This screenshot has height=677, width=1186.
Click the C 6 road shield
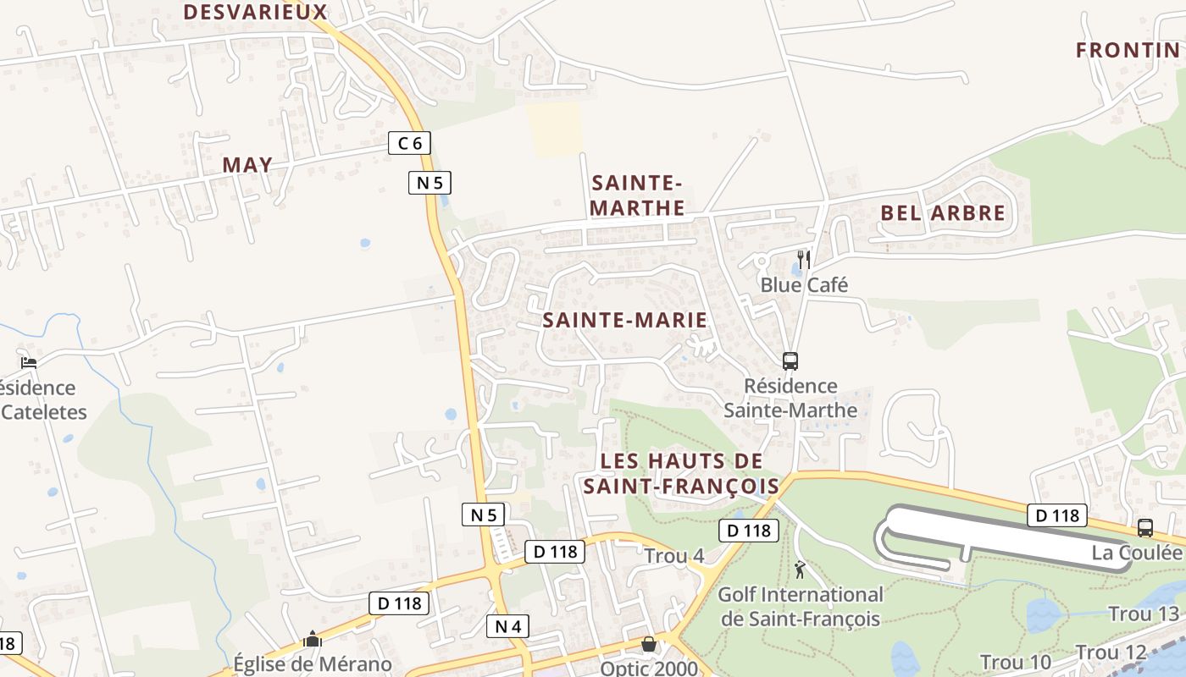click(x=409, y=143)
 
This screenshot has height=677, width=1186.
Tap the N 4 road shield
click(x=507, y=626)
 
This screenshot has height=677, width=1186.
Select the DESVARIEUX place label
click(x=255, y=12)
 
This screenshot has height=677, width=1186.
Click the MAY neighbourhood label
click(x=247, y=165)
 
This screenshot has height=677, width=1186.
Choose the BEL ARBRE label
click(x=943, y=212)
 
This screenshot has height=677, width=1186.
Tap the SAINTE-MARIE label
click(x=624, y=320)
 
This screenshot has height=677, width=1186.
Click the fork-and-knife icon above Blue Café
click(x=804, y=259)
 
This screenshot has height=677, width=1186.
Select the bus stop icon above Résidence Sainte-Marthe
click(x=790, y=361)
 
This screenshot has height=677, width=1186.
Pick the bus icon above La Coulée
click(x=1145, y=528)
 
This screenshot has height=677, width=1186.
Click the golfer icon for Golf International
click(x=800, y=570)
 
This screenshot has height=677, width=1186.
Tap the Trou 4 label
click(x=674, y=556)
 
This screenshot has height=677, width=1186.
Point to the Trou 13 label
click(x=1143, y=614)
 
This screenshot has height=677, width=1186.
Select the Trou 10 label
click(x=1015, y=662)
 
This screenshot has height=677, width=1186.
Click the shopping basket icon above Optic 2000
click(x=649, y=644)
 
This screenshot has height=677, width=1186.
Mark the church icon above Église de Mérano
click(x=313, y=639)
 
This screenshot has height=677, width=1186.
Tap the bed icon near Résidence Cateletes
click(x=29, y=363)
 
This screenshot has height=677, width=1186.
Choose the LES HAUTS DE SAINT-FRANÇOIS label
click(x=681, y=474)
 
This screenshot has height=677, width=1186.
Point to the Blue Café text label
click(x=804, y=284)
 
